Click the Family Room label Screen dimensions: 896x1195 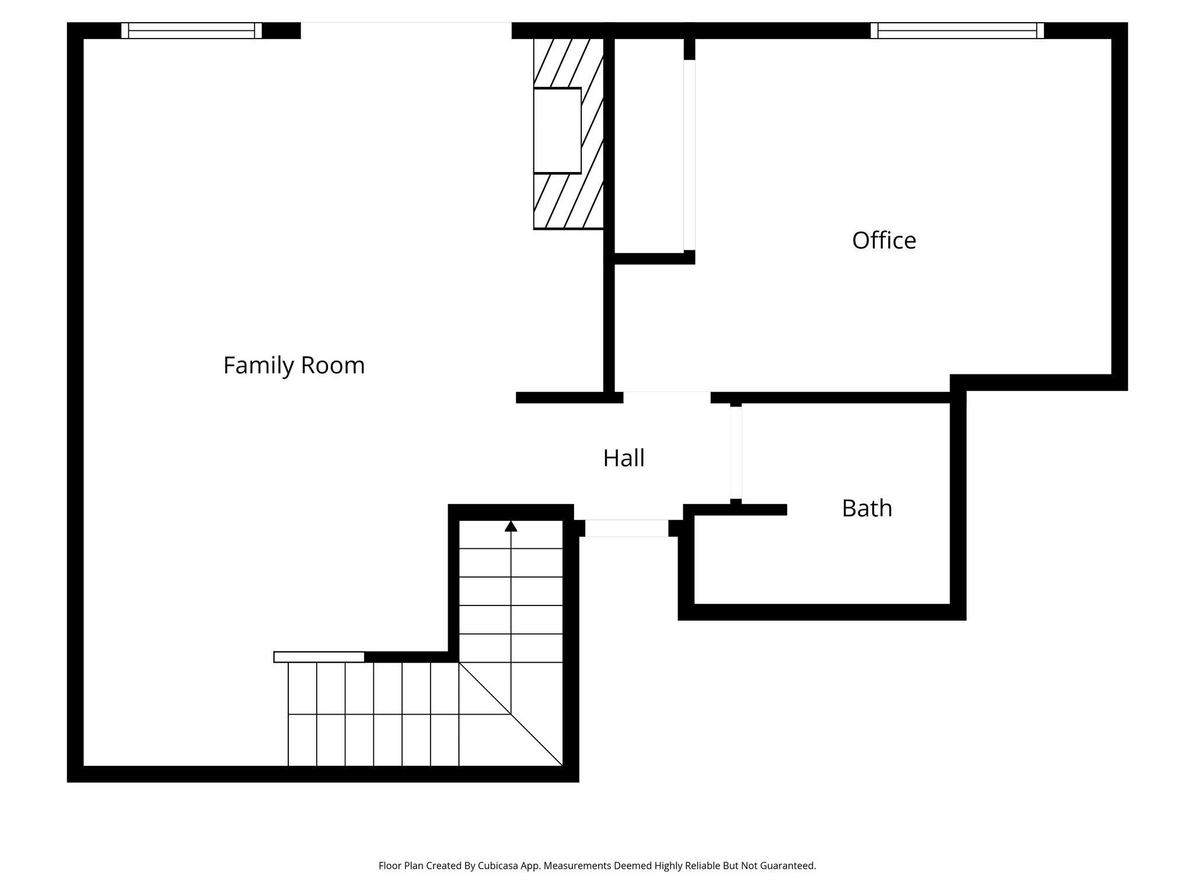tap(294, 366)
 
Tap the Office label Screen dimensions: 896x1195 tap(883, 240)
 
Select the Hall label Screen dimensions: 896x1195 tap(623, 458)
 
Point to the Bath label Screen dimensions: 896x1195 tap(866, 508)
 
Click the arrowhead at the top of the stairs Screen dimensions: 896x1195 tap(511, 526)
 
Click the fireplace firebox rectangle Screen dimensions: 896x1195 tap(557, 131)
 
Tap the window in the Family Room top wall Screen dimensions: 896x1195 tap(191, 30)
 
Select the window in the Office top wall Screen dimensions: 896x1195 tap(957, 30)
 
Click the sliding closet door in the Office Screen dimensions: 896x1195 tap(689, 155)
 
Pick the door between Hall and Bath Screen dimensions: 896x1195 tap(736, 453)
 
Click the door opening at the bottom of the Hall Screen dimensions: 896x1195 tap(626, 528)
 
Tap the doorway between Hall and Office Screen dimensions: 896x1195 tap(666, 397)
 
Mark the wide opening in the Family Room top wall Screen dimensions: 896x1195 tap(406, 30)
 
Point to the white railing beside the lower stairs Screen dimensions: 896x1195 tap(319, 657)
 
